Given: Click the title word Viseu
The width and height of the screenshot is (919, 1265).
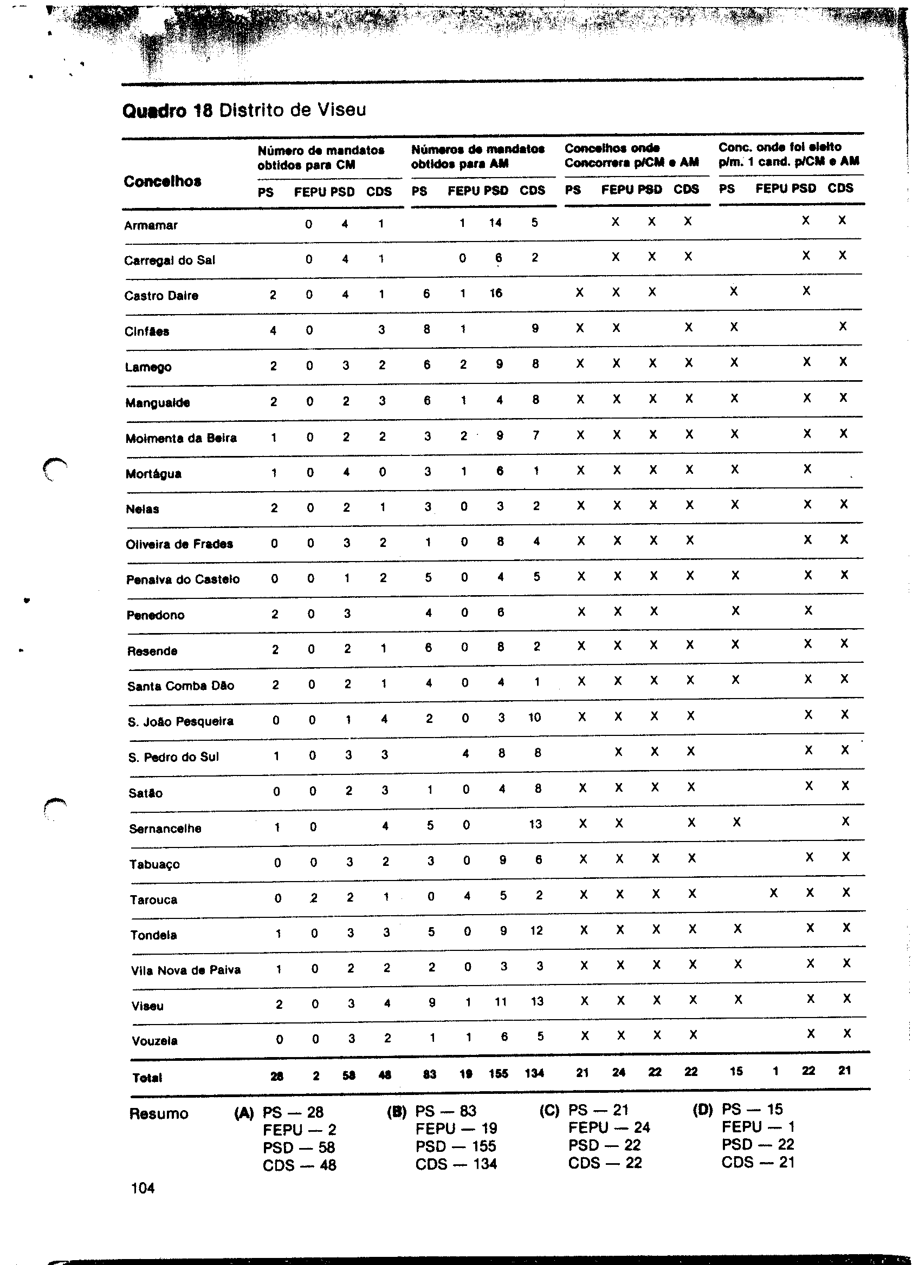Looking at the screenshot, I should pos(341,110).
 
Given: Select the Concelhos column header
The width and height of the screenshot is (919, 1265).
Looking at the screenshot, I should pos(163,182).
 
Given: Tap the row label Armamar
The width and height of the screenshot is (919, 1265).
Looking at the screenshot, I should pos(151,226).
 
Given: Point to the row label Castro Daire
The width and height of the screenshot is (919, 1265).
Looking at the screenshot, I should pos(161,296).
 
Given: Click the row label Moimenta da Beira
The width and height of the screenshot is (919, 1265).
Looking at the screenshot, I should pos(181,439).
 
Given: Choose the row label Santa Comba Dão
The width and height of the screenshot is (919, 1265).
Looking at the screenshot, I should pos(181,686).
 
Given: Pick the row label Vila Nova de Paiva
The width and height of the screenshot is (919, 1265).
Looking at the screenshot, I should pos(186,970).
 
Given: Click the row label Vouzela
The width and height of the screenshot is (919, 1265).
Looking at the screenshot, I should pos(154,1041).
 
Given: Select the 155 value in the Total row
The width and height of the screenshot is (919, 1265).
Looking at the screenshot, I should pos(498,1073).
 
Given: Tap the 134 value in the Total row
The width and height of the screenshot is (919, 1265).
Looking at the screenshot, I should pos(534,1073).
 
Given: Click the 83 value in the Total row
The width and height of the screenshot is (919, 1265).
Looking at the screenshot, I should pos(429,1074).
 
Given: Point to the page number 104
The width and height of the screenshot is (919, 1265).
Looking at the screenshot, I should pos(143,1189).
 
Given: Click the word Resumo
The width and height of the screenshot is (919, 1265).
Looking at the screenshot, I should pos(159,1114).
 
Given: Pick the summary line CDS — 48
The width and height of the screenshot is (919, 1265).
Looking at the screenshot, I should pos(300,1165).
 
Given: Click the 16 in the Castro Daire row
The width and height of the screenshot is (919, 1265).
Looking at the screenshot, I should pos(496,294).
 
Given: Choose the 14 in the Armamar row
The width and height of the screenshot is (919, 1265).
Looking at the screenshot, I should pos(495,223).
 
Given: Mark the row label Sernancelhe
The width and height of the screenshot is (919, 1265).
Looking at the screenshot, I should pos(165,829).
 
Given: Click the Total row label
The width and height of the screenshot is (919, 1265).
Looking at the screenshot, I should pos(147,1078).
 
